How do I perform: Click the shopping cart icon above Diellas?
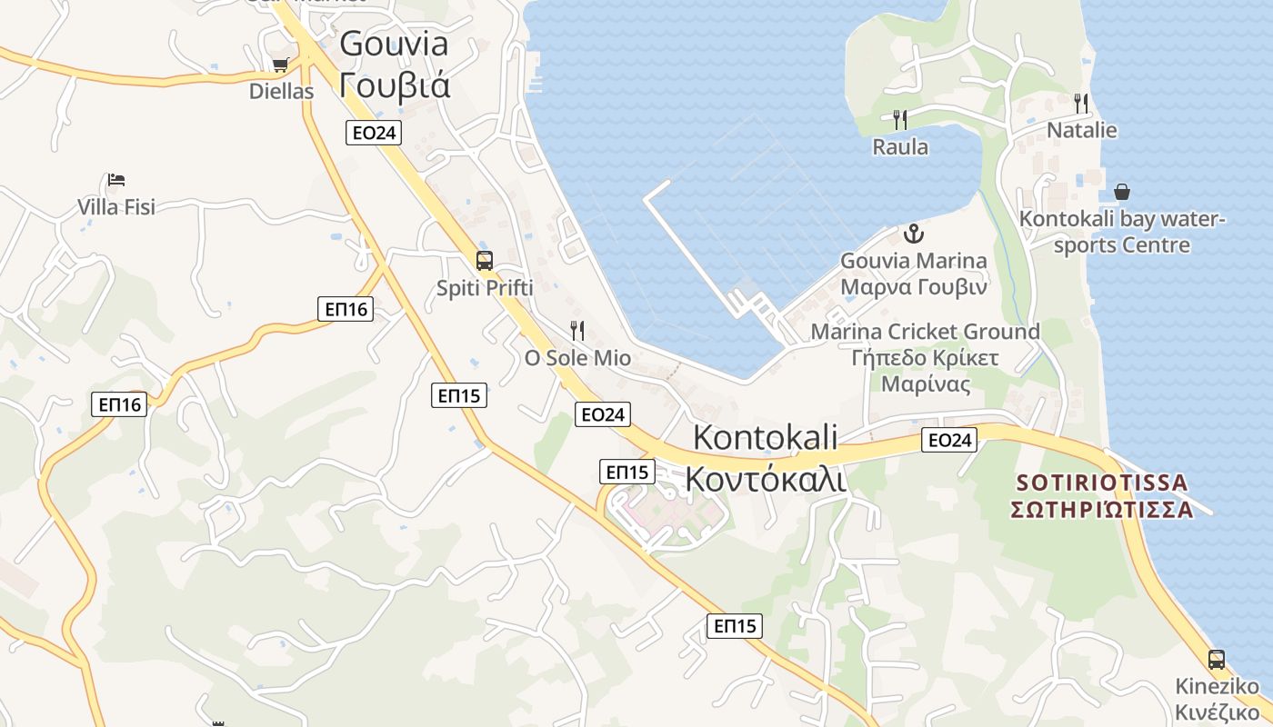coord(280,65)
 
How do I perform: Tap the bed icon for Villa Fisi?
coord(115,180)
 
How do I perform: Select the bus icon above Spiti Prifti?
coord(485,261)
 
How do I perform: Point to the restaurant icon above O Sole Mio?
coord(576,330)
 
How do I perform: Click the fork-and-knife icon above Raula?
coord(900,119)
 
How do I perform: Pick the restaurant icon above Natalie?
coord(1081,103)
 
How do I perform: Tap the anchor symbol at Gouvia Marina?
coord(912,234)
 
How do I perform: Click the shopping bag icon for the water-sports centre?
coord(1122,192)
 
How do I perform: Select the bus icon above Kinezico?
coord(1217,659)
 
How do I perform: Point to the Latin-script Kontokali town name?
coord(765,437)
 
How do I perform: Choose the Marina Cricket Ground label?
coord(925,333)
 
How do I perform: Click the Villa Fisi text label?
coord(116,207)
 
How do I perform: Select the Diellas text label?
coord(281,92)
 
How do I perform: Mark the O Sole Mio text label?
coord(577,358)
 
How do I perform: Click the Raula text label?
coord(900,147)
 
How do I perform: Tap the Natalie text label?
coord(1081,130)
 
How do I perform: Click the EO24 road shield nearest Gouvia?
coord(374,133)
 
